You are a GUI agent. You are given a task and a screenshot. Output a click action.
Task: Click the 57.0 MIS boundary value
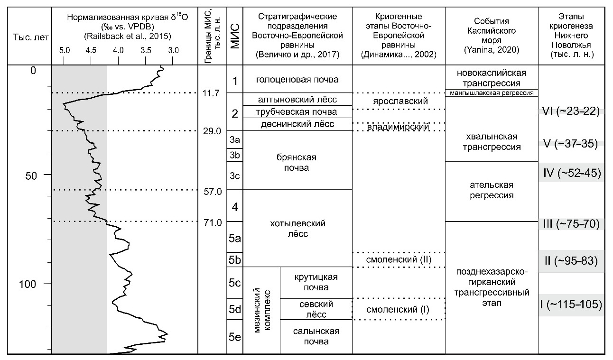click(x=213, y=192)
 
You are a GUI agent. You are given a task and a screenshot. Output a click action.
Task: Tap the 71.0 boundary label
click(x=213, y=222)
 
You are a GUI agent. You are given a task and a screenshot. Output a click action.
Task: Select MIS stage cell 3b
click(x=235, y=155)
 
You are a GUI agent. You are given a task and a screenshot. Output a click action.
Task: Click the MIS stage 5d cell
click(x=235, y=309)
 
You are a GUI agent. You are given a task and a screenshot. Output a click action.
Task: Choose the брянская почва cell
click(x=297, y=163)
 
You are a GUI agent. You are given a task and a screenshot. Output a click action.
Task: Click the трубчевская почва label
click(x=298, y=112)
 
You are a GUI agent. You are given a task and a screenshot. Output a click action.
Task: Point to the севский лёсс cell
click(x=316, y=309)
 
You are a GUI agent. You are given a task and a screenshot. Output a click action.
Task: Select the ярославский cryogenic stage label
click(x=399, y=102)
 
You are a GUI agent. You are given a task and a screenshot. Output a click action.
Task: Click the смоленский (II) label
click(x=399, y=260)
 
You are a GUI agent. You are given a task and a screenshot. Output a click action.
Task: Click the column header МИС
click(x=235, y=33)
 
